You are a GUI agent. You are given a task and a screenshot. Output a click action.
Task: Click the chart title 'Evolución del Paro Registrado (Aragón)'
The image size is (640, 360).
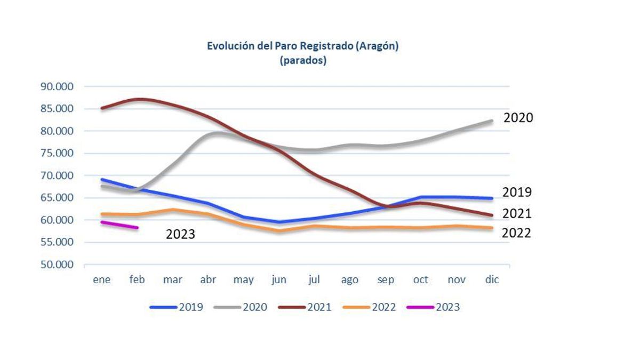point(302,46)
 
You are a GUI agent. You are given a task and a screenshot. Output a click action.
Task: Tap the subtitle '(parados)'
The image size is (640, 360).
point(302,60)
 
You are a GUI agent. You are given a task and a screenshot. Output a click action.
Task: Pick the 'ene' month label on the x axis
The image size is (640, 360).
point(101,279)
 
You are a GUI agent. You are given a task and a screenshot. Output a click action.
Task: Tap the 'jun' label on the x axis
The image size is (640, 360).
point(279,280)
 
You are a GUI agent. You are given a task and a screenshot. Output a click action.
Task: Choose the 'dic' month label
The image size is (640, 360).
point(492,279)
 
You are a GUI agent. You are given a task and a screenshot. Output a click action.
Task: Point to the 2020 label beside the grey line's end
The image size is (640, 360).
point(518,118)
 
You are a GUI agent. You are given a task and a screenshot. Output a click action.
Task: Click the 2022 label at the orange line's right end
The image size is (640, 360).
point(516,233)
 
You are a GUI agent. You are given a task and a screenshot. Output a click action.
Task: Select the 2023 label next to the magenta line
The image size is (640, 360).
point(180,234)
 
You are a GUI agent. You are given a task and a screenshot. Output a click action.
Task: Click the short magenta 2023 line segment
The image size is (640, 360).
point(120,225)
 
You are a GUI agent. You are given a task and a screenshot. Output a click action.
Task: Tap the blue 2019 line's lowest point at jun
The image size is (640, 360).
point(279,222)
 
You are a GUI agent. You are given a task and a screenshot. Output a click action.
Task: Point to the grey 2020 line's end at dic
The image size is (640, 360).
point(491,121)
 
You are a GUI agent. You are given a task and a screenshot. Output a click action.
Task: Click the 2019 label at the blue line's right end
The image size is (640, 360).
point(517,192)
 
